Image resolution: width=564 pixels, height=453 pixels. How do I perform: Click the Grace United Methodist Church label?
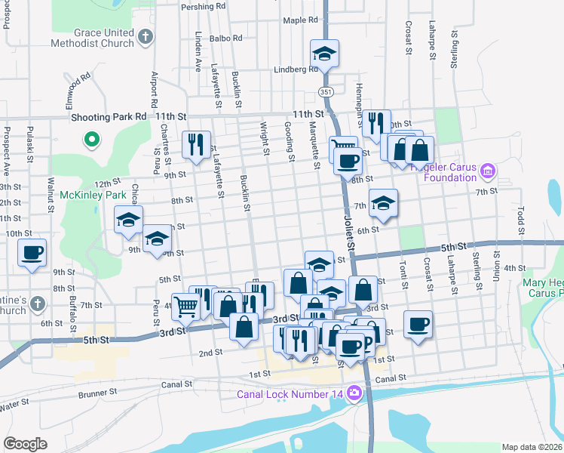pos(104,38)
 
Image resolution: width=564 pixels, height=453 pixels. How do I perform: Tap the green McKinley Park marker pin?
pos(92,140)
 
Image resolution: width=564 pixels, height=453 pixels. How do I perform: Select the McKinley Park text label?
pos(93,194)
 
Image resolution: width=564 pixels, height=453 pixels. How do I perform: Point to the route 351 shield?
pos(325,91)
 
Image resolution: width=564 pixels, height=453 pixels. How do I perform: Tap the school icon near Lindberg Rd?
pos(324,54)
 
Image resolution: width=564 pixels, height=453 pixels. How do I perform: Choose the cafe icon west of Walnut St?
pos(32,253)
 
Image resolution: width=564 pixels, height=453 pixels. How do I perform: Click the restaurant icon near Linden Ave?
pos(196,143)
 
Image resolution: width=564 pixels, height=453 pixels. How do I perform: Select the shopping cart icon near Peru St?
pos(185,307)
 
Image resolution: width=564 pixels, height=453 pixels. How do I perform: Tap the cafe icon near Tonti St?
pos(418,324)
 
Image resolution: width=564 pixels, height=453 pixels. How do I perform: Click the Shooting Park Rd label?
pos(109,117)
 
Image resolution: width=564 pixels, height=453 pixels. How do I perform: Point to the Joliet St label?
pos(348,233)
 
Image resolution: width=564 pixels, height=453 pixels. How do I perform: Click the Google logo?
pos(25,444)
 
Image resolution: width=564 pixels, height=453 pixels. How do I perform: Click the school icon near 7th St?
pos(383,202)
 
